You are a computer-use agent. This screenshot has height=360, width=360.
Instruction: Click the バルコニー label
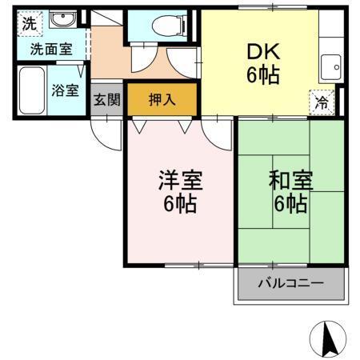pyautogui.click(x=290, y=284)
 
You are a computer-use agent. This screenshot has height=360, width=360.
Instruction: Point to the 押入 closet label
pyautogui.click(x=164, y=100)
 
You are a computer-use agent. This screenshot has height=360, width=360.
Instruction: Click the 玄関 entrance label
pyautogui.click(x=106, y=100)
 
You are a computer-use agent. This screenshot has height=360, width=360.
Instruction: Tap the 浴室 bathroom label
pyautogui.click(x=65, y=90)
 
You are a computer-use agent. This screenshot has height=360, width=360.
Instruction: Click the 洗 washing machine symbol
pyautogui.click(x=28, y=22)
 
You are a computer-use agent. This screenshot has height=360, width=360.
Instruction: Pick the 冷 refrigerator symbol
pyautogui.click(x=321, y=103)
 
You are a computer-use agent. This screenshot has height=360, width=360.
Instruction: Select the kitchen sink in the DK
pyautogui.click(x=329, y=66)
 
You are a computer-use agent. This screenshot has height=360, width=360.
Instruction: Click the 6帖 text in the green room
pyautogui.click(x=290, y=205)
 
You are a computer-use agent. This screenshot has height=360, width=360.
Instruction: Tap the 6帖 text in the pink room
pyautogui.click(x=179, y=204)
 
